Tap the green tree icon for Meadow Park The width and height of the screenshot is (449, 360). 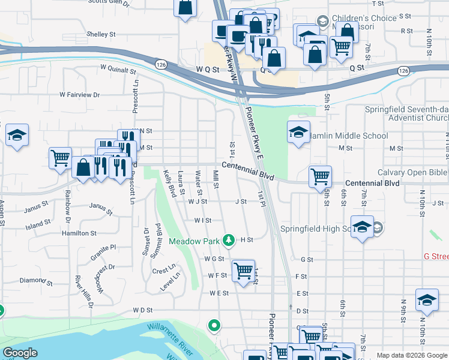tap(228, 240)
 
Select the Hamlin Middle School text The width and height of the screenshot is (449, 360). tap(350, 136)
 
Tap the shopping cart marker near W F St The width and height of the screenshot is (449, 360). tap(243, 271)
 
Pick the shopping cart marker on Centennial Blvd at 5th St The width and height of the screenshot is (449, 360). tap(320, 176)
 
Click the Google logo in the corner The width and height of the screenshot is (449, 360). tap(20, 353)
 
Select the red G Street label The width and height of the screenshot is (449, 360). tap(436, 256)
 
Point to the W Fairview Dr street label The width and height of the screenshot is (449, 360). tap(79, 95)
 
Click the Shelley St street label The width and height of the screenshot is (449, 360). tap(100, 34)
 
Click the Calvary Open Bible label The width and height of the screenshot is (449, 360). tap(413, 172)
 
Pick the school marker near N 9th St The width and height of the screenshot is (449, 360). tap(427, 301)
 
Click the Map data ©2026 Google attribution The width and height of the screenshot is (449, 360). tap(411, 355)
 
